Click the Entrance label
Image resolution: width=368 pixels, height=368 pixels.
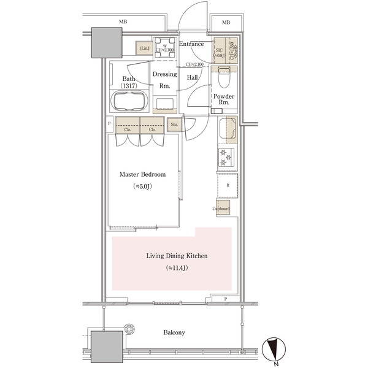(x=191, y=44)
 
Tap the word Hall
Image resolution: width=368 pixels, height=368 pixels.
(x=192, y=77)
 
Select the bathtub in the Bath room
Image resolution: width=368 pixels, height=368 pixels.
(x=129, y=101)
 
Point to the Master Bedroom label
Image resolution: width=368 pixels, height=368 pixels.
(x=143, y=174)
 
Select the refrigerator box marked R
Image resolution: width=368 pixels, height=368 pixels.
(x=228, y=184)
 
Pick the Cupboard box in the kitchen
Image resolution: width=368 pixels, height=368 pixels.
(x=221, y=209)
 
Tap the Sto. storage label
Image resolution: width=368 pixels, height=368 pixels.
(x=174, y=125)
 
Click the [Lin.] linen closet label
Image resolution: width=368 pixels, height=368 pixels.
(x=144, y=47)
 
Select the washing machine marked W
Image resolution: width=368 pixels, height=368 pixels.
(x=164, y=48)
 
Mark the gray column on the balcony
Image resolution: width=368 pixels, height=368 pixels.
(x=108, y=347)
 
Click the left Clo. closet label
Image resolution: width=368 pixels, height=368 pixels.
(x=128, y=129)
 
